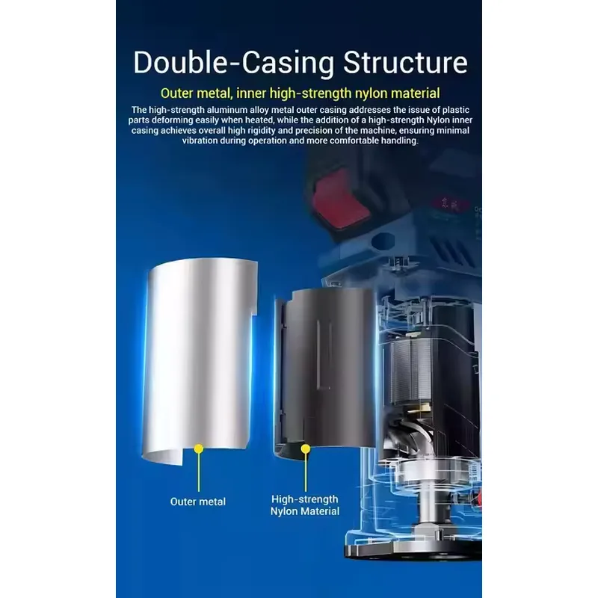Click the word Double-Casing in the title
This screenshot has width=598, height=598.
234,64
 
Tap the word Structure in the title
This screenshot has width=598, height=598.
405,63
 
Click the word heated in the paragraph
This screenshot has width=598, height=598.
259,120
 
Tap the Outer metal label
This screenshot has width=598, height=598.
198,502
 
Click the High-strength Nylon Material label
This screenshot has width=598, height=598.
305,505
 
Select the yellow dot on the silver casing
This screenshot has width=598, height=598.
198,449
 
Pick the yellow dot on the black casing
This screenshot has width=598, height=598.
306,449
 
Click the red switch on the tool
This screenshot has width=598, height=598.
339,200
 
